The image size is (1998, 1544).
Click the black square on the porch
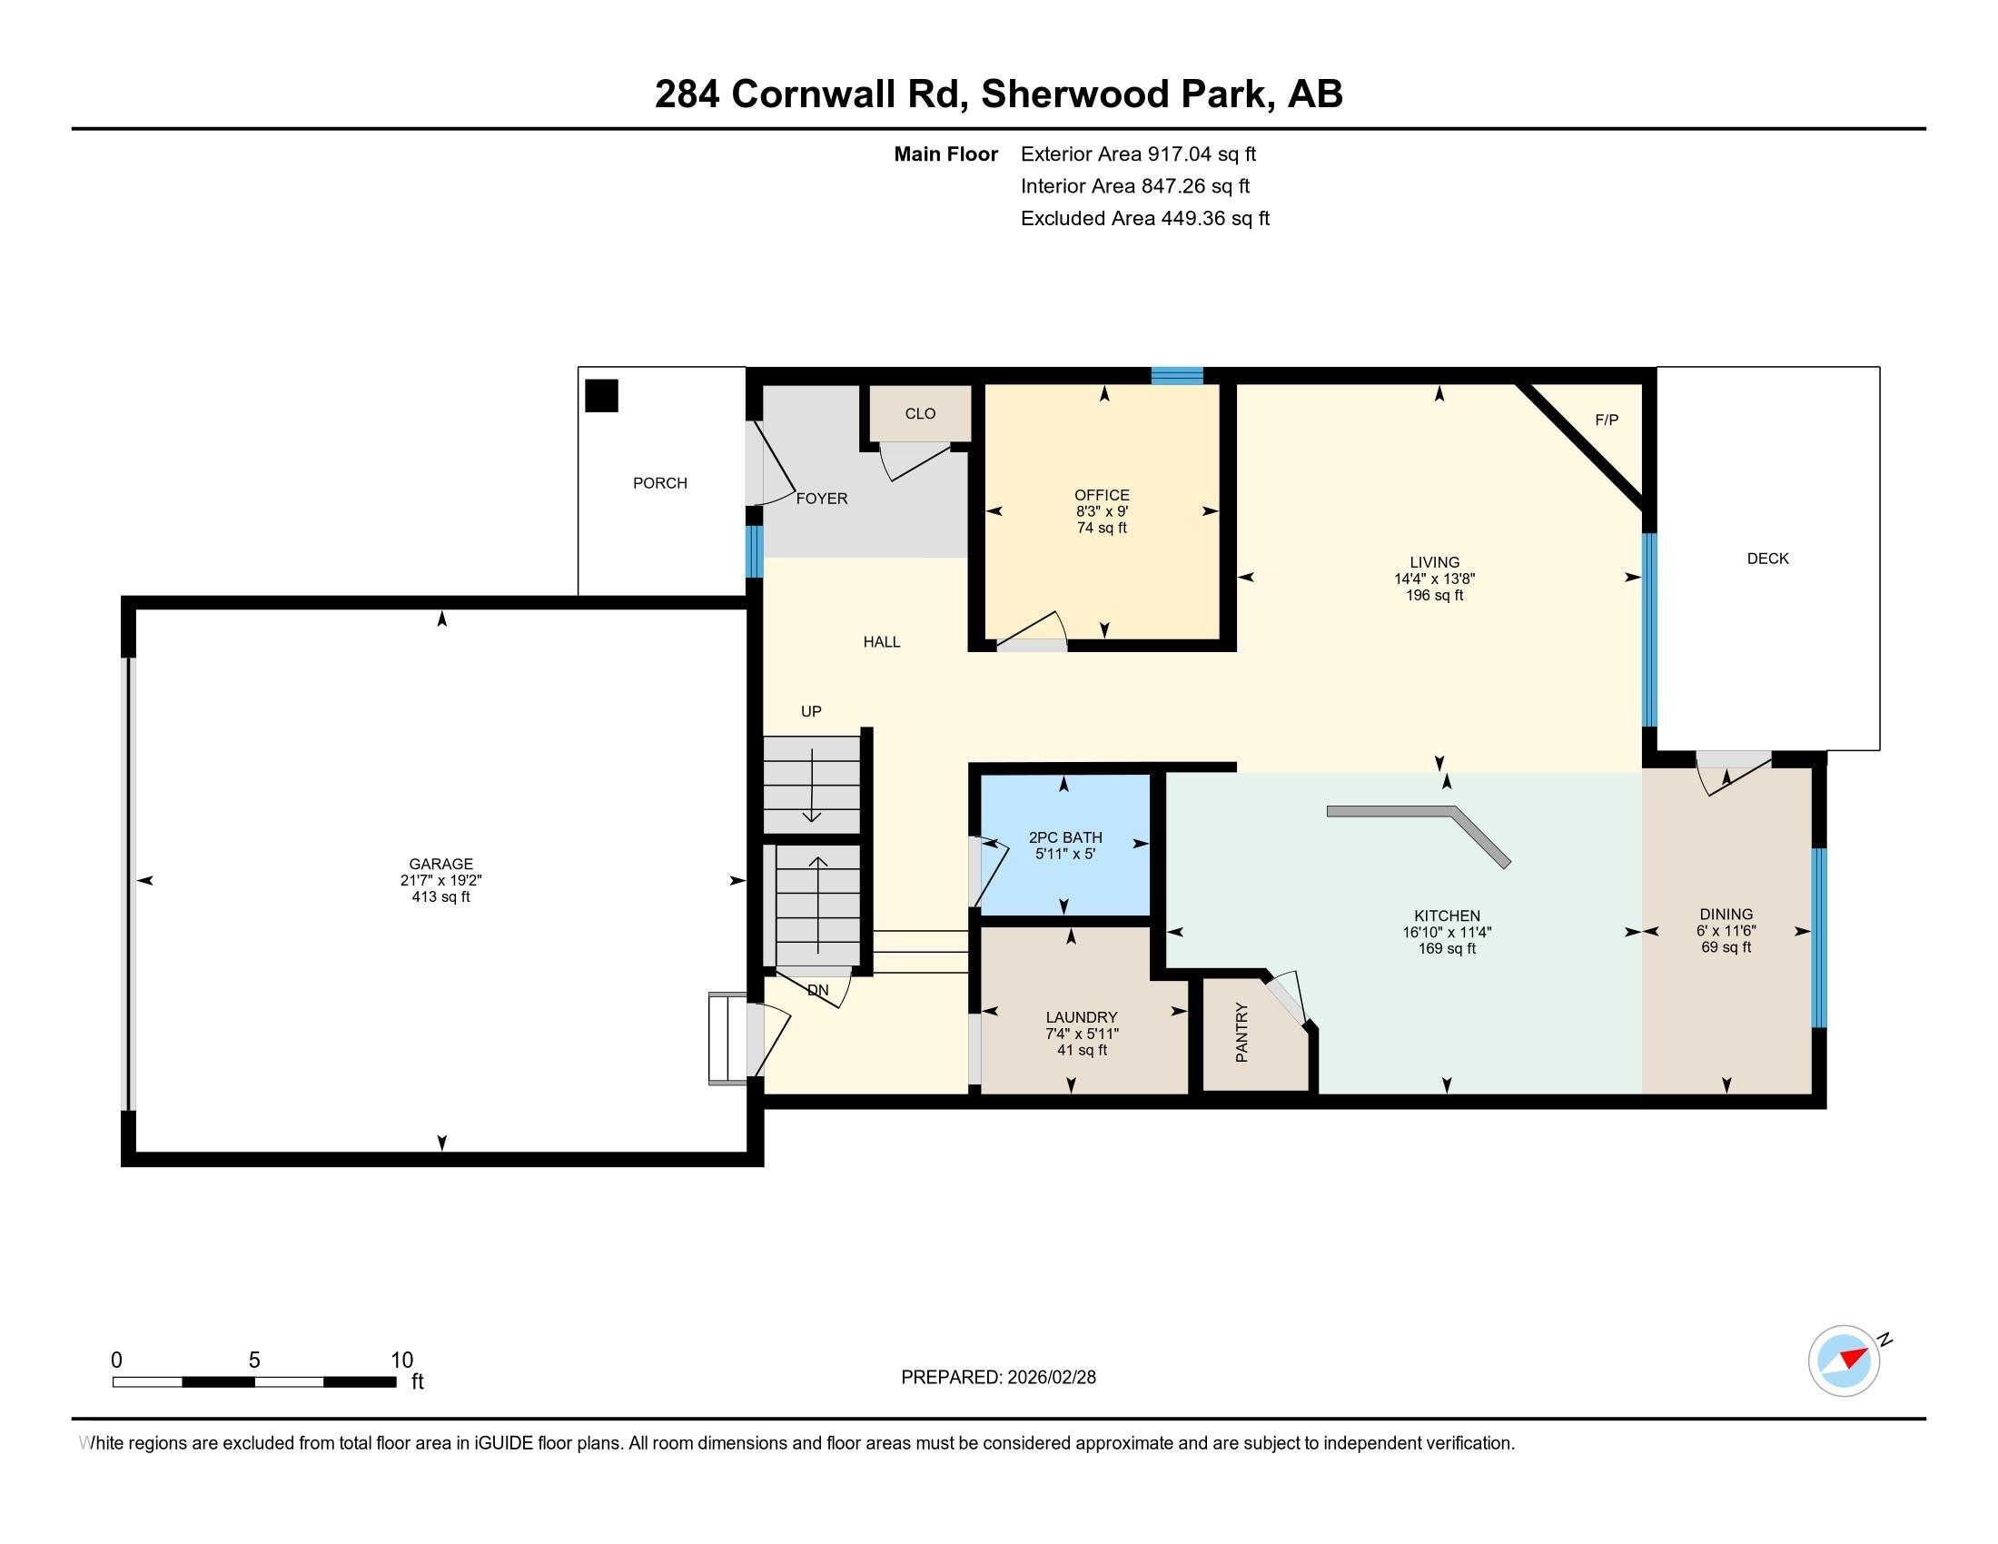(602, 396)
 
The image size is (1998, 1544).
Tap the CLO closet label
(919, 413)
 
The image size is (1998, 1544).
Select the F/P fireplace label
(1607, 420)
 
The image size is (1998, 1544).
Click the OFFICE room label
(1102, 495)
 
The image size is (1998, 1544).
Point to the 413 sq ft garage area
(441, 897)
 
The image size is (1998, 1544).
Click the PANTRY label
(1241, 1033)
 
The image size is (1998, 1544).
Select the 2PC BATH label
(1065, 837)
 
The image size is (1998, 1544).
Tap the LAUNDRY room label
(1082, 1017)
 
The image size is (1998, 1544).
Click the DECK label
(1767, 559)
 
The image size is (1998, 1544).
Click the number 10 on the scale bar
(401, 1361)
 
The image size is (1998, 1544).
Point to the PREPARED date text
(998, 1378)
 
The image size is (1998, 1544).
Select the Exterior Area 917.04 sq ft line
(1138, 154)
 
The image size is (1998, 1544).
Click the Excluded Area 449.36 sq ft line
(1144, 219)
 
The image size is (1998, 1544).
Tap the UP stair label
(810, 712)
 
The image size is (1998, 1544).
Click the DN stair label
(818, 990)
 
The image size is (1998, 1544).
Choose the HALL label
(882, 642)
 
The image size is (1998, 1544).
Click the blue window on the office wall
(1176, 375)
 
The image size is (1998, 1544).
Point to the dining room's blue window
(1819, 937)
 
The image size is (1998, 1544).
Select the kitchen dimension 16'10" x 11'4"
(1447, 932)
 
